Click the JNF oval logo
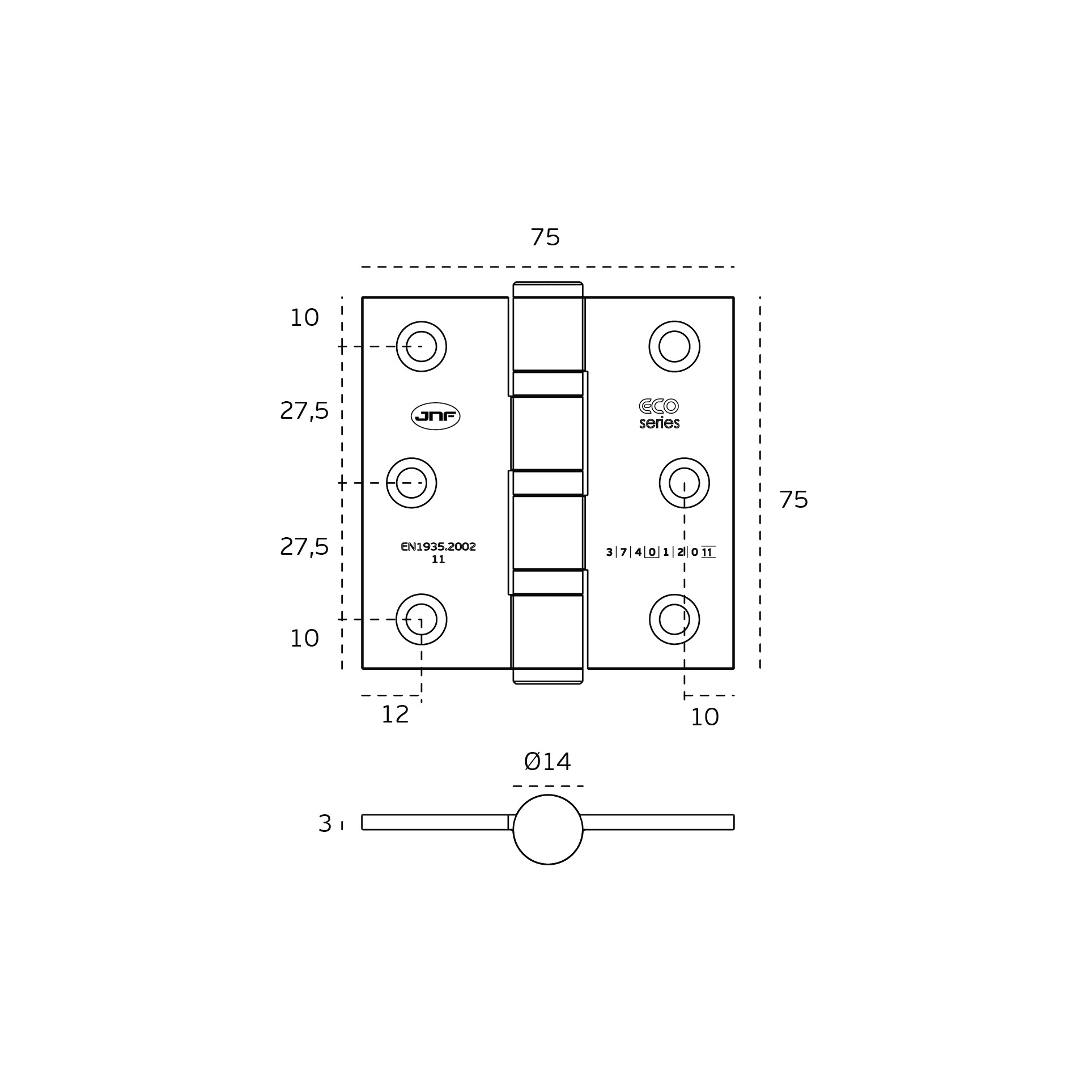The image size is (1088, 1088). [435, 416]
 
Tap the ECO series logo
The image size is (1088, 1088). [659, 414]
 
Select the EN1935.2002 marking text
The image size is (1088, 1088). [438, 547]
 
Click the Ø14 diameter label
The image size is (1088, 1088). [547, 762]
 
